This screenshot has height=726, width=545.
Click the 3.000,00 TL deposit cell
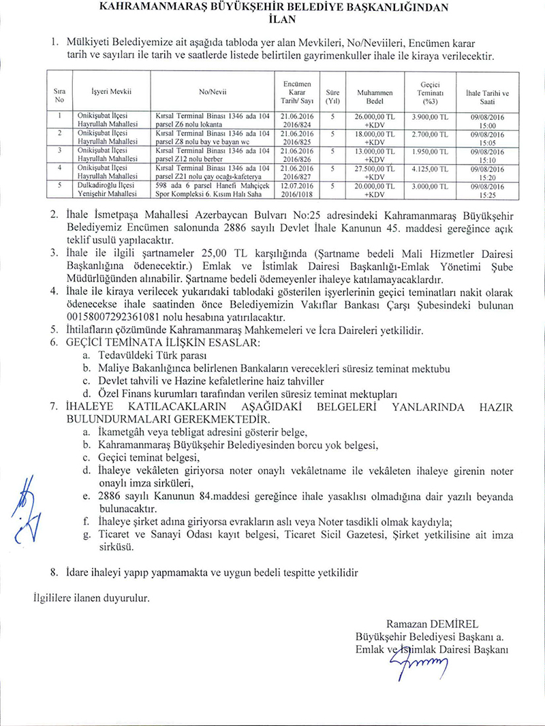click(x=430, y=185)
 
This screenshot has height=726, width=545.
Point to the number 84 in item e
click(x=207, y=497)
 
